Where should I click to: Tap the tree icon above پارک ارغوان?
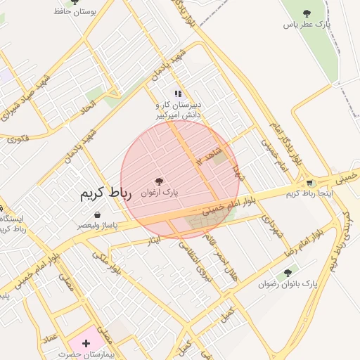(x=160, y=181)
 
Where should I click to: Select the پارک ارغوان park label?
(x=160, y=191)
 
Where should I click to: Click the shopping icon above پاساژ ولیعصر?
(x=96, y=214)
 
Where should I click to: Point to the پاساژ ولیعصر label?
(x=97, y=226)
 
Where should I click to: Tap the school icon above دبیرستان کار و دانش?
(x=178, y=93)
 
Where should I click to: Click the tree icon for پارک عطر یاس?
(x=307, y=13)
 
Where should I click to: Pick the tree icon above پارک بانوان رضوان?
(x=287, y=273)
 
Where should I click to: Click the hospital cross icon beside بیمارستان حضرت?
(x=86, y=343)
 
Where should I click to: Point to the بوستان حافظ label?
(x=75, y=12)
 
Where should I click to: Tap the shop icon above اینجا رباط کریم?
(x=309, y=183)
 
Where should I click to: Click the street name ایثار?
(x=153, y=241)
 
